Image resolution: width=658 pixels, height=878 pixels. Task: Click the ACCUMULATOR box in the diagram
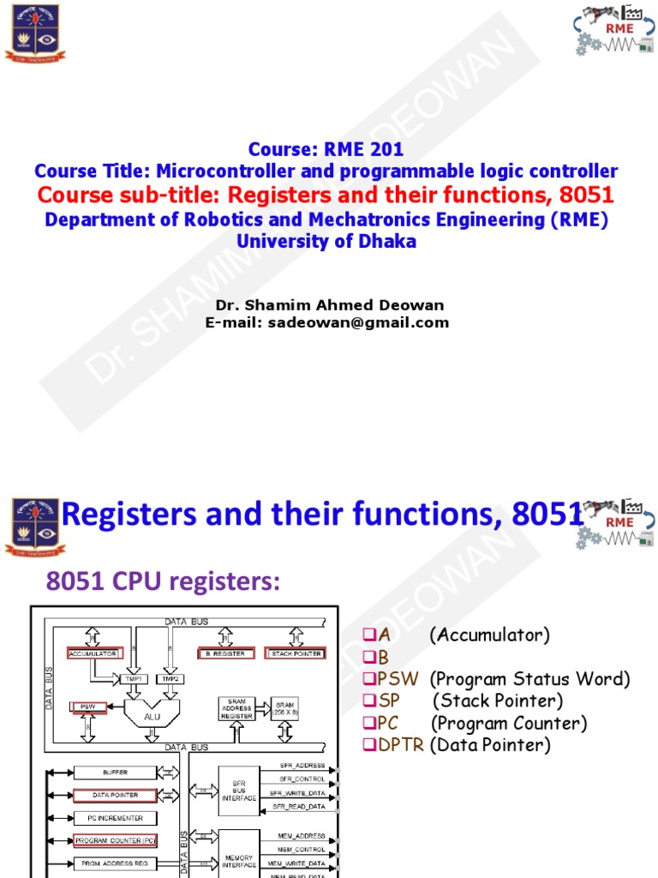pyautogui.click(x=93, y=653)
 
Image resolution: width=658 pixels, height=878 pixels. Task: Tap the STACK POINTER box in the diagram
pyautogui.click(x=295, y=653)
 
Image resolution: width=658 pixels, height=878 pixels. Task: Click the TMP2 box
pyautogui.click(x=170, y=678)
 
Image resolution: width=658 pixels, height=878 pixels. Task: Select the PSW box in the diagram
pyautogui.click(x=87, y=707)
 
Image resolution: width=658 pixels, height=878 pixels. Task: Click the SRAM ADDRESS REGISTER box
pyautogui.click(x=236, y=707)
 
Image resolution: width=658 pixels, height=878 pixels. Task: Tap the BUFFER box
pyautogui.click(x=114, y=773)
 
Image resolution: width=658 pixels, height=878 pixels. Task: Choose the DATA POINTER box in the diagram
pyautogui.click(x=114, y=796)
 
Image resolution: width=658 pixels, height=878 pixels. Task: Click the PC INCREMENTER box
pyautogui.click(x=116, y=818)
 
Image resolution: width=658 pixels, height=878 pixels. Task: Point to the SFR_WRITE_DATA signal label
pyautogui.click(x=302, y=792)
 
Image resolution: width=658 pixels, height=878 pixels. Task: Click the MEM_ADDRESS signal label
pyautogui.click(x=302, y=834)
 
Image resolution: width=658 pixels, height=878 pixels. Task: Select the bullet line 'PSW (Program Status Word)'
pyautogui.click(x=496, y=679)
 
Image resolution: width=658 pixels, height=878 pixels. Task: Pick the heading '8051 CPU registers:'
pyautogui.click(x=163, y=581)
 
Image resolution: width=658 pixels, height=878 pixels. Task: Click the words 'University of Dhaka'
pyautogui.click(x=326, y=241)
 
